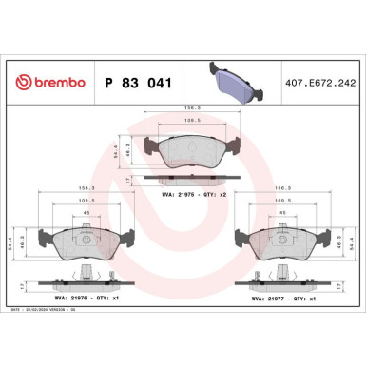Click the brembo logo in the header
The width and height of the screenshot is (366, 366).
pyautogui.click(x=48, y=83)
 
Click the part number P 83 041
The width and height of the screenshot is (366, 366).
pyautogui.click(x=136, y=83)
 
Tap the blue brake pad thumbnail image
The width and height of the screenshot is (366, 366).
pyautogui.click(x=235, y=80)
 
